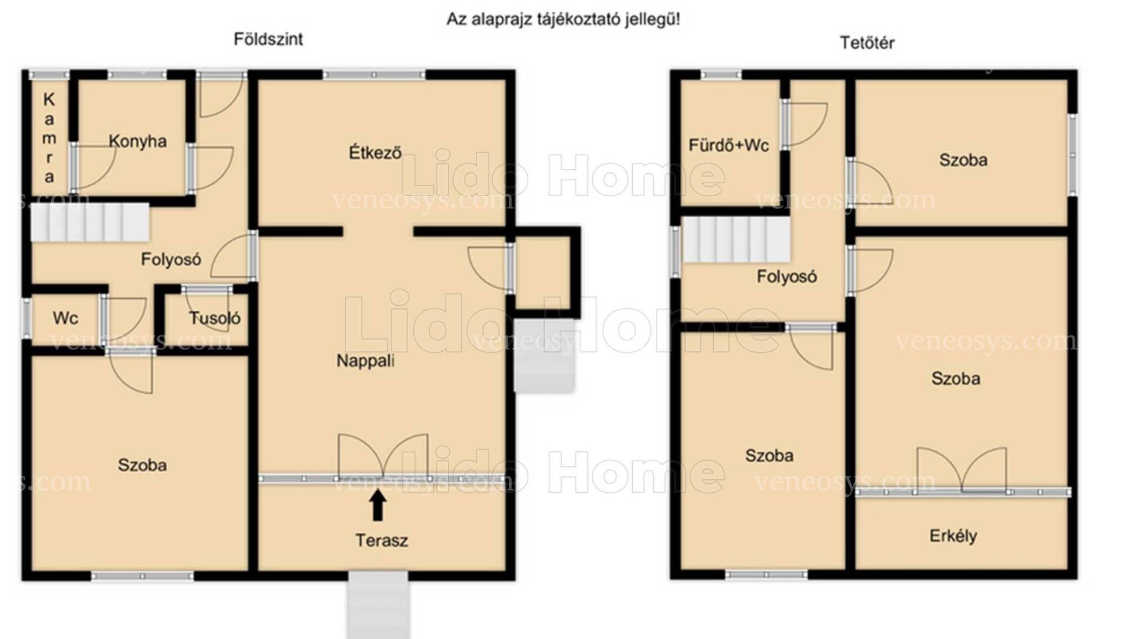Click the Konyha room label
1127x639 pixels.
click(x=137, y=142)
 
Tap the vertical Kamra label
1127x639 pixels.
click(x=49, y=138)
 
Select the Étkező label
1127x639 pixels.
click(x=375, y=153)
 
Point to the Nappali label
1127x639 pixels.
click(x=365, y=361)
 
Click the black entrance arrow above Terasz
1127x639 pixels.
click(x=378, y=505)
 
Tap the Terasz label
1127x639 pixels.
click(x=382, y=540)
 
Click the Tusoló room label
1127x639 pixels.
click(x=215, y=318)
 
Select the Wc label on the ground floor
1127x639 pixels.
click(x=65, y=318)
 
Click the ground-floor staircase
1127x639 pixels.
click(x=90, y=222)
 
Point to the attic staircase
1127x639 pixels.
click(x=736, y=239)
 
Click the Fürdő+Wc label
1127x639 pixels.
click(x=728, y=145)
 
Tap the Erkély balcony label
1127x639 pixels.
click(x=953, y=536)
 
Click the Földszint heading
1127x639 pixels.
click(x=268, y=39)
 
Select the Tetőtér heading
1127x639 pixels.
click(x=867, y=42)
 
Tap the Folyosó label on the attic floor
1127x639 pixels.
click(x=787, y=277)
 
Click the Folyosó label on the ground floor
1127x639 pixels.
click(x=171, y=260)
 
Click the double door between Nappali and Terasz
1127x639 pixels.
click(x=383, y=456)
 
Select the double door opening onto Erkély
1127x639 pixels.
click(x=962, y=470)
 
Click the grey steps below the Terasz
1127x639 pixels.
click(x=378, y=606)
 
